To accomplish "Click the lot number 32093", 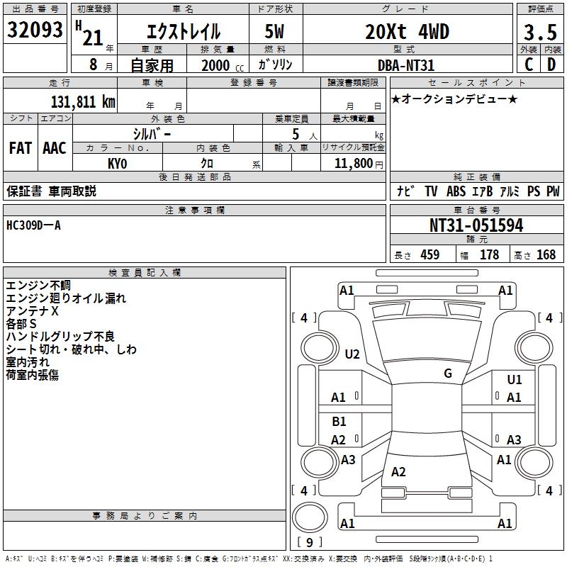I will [35, 30].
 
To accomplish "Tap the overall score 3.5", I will [539, 32].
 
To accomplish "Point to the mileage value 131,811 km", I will [83, 101].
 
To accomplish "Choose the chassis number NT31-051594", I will [476, 225].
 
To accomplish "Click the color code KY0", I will [117, 163].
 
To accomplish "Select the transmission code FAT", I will [20, 147].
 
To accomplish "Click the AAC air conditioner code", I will [54, 147].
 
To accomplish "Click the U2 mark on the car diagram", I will [352, 354].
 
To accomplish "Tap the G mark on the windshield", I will [447, 373].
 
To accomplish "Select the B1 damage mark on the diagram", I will [339, 422].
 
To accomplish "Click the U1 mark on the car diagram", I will [514, 381].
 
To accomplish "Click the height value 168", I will [546, 255].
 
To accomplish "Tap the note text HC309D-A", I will [33, 225].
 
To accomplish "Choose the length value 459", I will [430, 255].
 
